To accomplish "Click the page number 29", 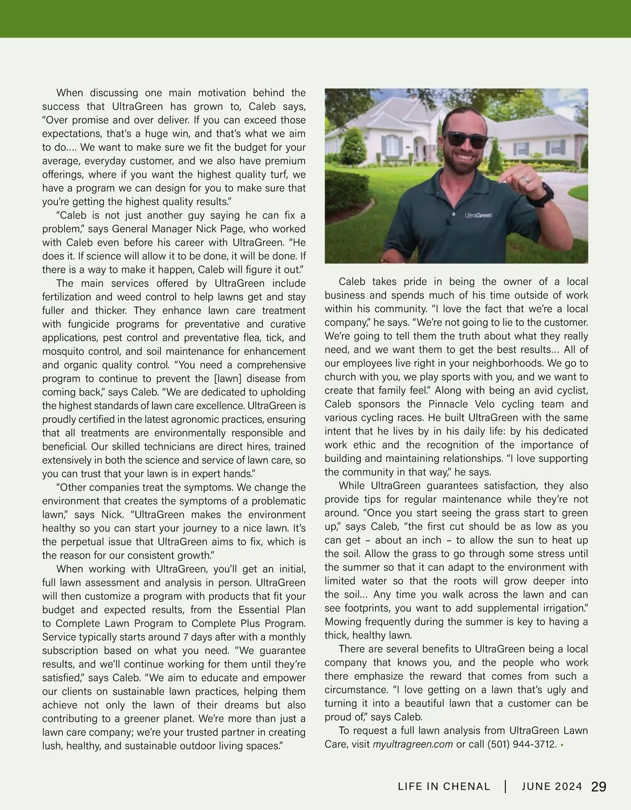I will (599, 787).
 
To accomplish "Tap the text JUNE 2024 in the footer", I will (552, 787).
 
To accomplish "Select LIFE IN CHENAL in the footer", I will (444, 787).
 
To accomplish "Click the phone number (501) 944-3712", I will (522, 744).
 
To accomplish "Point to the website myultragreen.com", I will (413, 744).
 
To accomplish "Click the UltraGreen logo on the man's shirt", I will (478, 215).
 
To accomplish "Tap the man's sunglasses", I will (465, 140).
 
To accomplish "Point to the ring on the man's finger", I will (524, 179).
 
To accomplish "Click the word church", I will (342, 377).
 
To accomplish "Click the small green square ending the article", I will (562, 745).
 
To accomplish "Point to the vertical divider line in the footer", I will (505, 787).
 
